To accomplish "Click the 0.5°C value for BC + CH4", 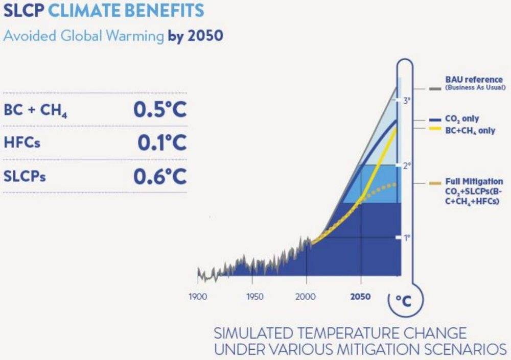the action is point(160,109).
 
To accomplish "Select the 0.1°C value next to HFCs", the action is point(162,142).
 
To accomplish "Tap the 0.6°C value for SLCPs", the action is point(160,176).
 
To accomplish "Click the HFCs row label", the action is point(22,142).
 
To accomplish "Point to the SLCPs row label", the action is point(25,176).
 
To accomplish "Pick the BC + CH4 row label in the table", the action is point(36,110).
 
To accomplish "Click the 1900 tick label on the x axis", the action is point(198,297).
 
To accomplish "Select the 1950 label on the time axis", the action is point(255,297).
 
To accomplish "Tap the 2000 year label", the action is point(306,297).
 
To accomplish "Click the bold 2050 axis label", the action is point(360,297).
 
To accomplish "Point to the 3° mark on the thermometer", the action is point(406,101).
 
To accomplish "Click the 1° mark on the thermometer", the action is point(406,238).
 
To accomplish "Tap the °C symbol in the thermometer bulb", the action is point(404,301).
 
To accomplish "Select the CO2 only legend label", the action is point(462,119).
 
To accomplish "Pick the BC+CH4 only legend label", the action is point(470,131).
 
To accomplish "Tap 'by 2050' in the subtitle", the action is point(196,36).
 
